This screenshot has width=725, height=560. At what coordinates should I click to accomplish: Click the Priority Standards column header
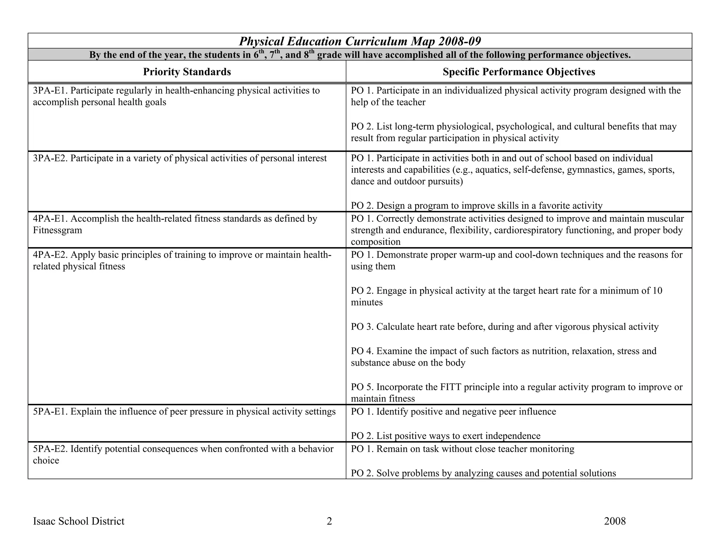[187, 72]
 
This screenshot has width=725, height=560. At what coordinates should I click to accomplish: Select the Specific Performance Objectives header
[519, 72]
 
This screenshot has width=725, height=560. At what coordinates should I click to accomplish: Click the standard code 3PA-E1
[50, 91]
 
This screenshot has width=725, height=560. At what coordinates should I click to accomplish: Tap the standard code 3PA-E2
[50, 158]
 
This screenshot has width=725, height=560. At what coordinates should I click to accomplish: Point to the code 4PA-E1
[50, 219]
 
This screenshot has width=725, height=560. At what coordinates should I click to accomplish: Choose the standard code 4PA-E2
[50, 255]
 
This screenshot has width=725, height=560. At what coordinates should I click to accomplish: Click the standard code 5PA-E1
[50, 412]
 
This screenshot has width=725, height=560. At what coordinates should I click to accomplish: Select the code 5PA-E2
[50, 449]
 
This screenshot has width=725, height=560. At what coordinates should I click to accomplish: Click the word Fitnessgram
[57, 230]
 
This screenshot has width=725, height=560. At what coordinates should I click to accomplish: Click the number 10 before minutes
[657, 291]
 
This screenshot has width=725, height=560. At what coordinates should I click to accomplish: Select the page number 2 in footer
[329, 521]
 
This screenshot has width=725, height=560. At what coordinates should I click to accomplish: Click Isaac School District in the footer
[79, 521]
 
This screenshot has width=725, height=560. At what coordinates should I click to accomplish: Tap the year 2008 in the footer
[615, 521]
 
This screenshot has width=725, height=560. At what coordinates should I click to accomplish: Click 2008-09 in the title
[459, 41]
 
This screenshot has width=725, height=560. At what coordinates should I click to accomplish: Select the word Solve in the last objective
[388, 473]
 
